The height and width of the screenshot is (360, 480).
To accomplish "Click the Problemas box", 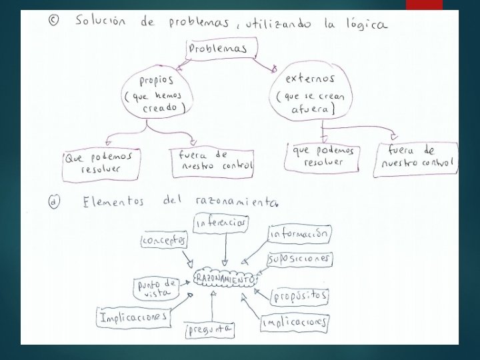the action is [218, 49].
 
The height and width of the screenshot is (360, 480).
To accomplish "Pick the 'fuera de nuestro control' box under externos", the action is [415, 159].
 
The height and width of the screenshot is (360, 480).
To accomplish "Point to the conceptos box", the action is [164, 240].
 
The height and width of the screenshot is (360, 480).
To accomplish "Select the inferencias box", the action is [221, 223].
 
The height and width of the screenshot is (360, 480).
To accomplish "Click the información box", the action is [299, 234].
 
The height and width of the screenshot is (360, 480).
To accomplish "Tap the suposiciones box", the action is [299, 258].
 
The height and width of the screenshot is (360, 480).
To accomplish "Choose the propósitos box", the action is [301, 294].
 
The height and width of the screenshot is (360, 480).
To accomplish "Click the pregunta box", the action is [210, 329].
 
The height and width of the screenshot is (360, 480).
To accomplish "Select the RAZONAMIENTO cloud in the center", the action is [225, 280].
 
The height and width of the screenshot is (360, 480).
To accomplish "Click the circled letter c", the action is [54, 21].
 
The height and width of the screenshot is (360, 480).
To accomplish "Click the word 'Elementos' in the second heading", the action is [113, 201].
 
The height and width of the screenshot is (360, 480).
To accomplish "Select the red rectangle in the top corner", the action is [424, 5].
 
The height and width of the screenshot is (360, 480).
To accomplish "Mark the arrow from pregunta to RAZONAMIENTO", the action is [212, 306].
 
